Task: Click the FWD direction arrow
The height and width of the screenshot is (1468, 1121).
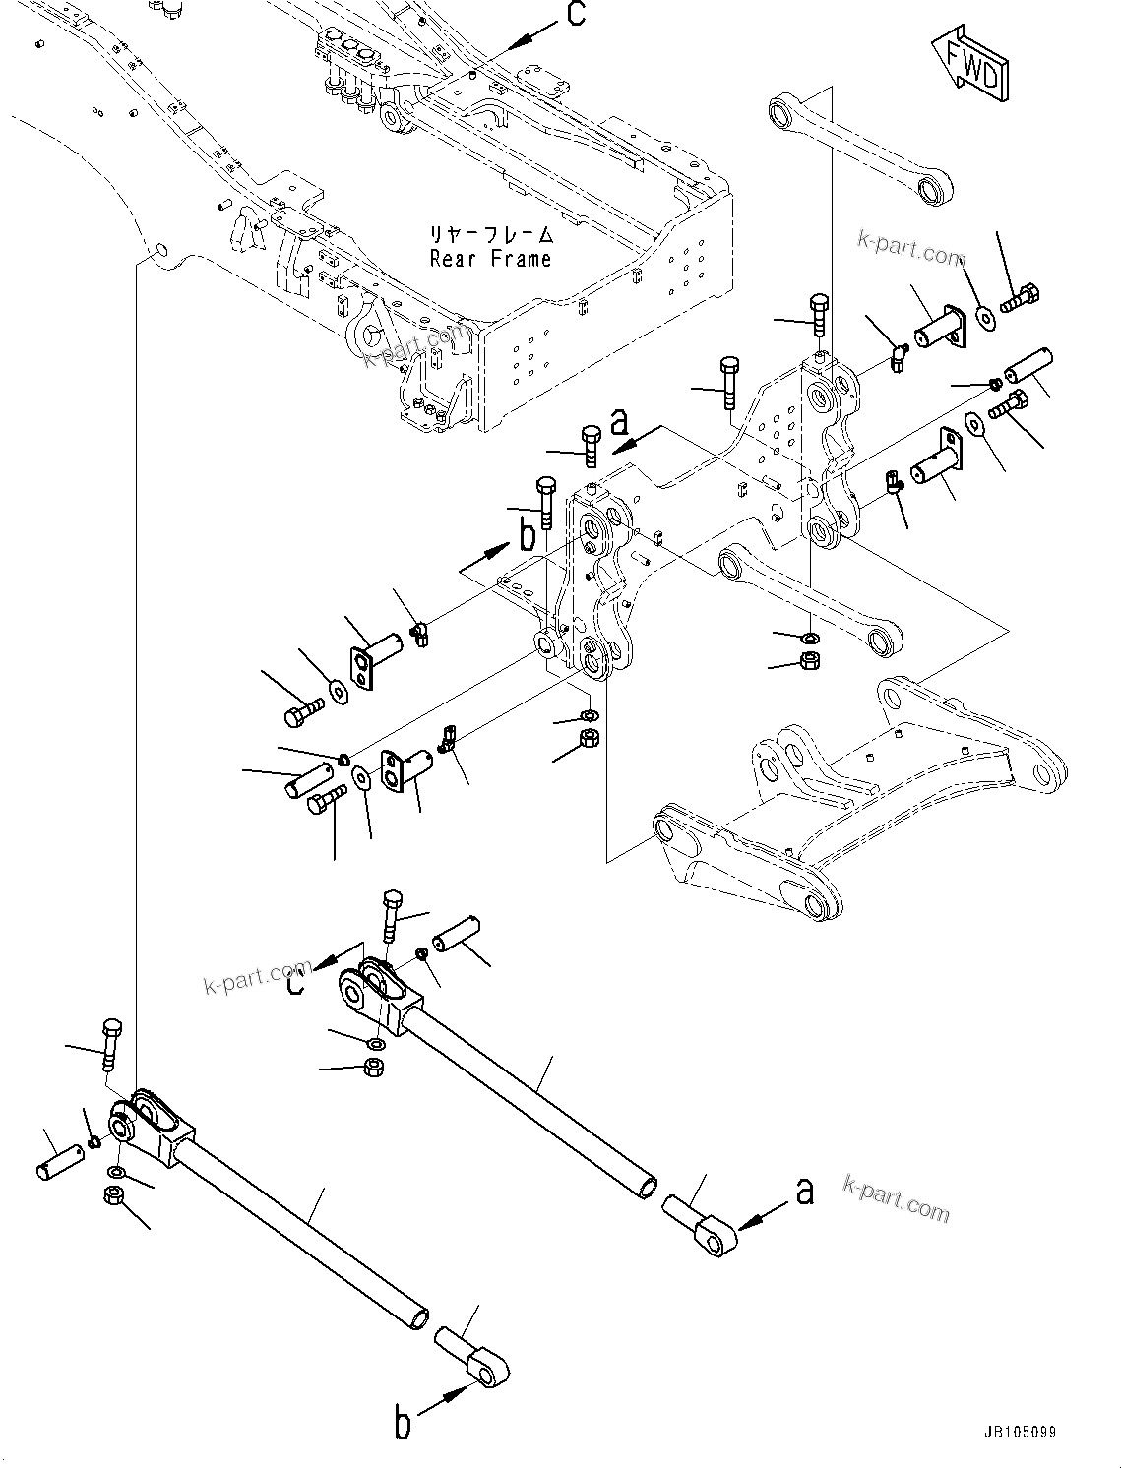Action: pos(968,64)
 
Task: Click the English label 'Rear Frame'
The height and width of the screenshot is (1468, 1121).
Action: pos(490,260)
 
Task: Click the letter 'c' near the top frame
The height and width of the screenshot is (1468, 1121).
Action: pos(577,14)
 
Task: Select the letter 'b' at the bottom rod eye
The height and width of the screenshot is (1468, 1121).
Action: pos(403,1423)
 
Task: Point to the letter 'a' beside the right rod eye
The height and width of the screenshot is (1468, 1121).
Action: pos(805,1193)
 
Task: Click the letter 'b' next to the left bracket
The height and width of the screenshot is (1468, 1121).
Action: pos(528,537)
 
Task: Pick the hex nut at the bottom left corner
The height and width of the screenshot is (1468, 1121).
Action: pos(112,1196)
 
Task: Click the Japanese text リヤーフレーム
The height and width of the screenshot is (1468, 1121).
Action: pos(490,236)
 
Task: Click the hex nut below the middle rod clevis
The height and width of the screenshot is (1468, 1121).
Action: pos(374,1067)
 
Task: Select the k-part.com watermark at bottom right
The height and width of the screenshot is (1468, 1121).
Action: pos(896,1197)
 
